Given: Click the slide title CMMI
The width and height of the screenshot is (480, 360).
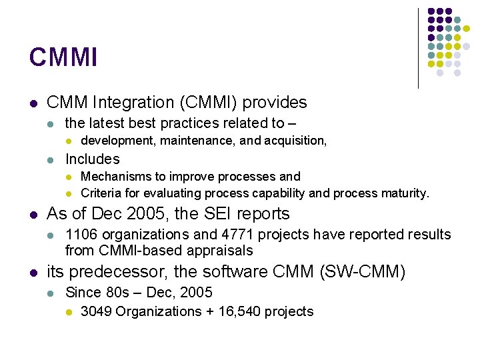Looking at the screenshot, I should (63, 57).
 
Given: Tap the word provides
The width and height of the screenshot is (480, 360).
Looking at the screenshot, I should (275, 103).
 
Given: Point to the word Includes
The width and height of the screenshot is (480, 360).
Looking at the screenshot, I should (92, 159).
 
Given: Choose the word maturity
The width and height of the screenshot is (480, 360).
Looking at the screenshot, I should (405, 193).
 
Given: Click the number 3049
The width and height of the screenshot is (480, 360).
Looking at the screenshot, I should (95, 311).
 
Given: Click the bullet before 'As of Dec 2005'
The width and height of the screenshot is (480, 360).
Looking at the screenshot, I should (33, 215).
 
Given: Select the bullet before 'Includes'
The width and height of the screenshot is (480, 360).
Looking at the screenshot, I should (52, 160).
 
